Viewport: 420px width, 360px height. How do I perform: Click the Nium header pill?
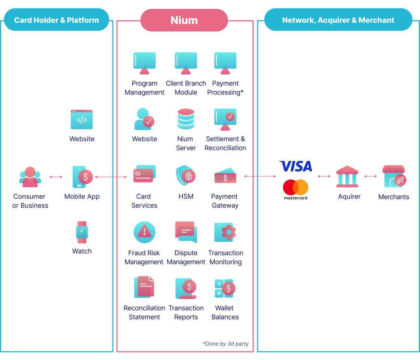184,20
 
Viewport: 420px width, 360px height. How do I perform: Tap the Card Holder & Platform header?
57,20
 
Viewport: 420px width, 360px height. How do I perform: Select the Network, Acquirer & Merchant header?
338,20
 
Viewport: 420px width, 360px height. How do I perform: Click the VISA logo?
296,166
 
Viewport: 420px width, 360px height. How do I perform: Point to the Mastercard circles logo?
295,187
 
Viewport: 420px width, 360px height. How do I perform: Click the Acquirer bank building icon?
347,176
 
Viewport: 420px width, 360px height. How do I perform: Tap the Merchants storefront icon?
394,176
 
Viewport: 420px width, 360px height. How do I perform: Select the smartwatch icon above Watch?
82,232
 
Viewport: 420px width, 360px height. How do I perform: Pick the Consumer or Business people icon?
30,177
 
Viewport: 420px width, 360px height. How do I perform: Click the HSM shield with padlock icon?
185,175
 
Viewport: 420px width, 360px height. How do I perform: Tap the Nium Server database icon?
186,119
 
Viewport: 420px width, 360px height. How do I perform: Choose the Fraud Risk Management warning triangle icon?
144,232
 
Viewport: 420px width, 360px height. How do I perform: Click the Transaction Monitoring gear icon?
225,232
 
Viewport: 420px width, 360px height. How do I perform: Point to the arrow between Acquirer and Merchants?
370,176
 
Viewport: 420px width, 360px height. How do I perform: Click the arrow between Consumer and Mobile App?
56,177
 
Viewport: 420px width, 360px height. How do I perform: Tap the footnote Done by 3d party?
226,343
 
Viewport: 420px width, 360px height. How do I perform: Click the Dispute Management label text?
186,257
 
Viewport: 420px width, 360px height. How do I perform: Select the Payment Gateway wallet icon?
225,176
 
